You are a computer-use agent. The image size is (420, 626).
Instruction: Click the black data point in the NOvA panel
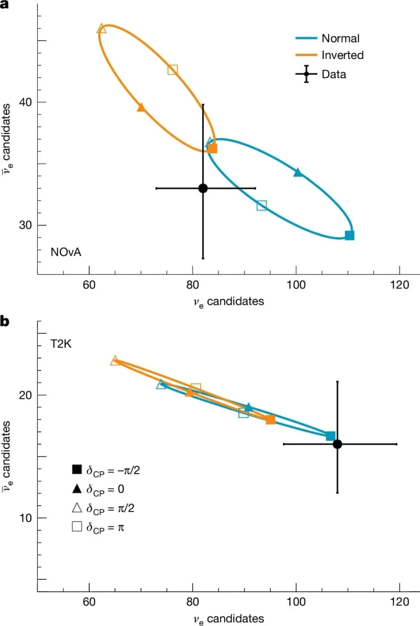203,188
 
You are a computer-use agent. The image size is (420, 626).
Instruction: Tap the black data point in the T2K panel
338,444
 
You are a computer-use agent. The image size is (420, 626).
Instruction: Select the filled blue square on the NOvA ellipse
350,235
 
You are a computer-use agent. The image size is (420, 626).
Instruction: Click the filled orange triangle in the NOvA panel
141,107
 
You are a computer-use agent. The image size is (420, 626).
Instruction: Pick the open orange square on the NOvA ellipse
173,69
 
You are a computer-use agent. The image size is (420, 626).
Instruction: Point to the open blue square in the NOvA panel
261,205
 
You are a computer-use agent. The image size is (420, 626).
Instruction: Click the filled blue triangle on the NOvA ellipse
298,172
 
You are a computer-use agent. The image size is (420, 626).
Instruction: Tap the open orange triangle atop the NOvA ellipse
102,28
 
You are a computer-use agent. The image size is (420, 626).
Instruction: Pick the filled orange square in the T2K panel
270,419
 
